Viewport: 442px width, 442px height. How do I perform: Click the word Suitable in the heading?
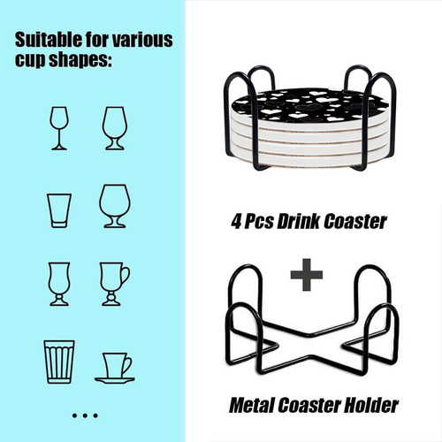(49, 40)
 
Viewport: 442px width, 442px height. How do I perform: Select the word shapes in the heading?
(80, 59)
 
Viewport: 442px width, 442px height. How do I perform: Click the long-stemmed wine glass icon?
(59, 128)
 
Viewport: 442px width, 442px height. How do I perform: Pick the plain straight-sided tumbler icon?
(59, 210)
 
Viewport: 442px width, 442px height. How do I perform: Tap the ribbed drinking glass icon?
(59, 362)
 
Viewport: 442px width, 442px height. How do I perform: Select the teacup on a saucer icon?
(115, 369)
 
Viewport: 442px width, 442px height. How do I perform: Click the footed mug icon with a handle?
(114, 284)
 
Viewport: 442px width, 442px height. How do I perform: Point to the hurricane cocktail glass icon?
(59, 284)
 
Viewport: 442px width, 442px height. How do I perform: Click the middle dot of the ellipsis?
(85, 415)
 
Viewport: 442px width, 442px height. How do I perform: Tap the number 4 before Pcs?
(237, 222)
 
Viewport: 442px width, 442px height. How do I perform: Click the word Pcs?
(259, 222)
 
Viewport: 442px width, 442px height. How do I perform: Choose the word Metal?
(253, 405)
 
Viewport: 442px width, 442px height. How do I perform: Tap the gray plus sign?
(307, 275)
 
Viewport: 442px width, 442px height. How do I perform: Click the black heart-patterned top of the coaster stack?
(309, 105)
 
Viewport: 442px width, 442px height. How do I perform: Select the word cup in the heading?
(30, 60)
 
